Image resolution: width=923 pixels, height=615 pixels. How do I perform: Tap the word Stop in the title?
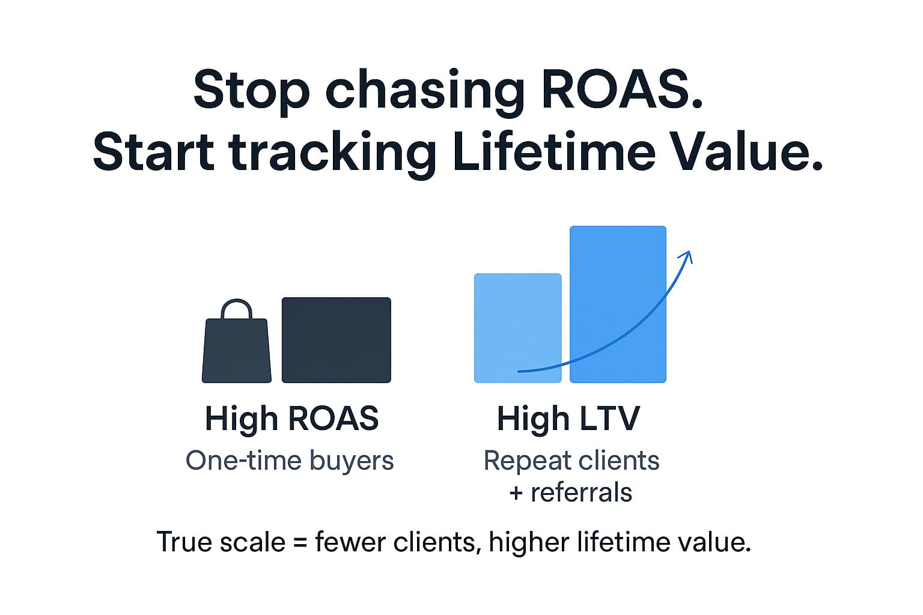coord(251,92)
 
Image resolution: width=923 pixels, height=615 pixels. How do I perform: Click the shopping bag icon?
coord(237,341)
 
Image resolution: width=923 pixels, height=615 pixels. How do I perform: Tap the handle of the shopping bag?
coord(236,308)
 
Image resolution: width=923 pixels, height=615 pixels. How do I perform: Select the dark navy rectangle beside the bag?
coord(337,341)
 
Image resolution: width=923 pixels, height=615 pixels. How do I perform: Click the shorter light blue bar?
coord(517,329)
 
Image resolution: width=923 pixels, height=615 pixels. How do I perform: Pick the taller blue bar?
coord(618,304)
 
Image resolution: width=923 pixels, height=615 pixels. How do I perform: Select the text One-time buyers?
coord(290,460)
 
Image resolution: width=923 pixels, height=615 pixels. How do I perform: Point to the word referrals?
coord(582,492)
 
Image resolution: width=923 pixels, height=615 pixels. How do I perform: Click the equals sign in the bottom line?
coord(300,542)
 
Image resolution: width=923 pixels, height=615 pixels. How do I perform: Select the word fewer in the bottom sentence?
coord(351,542)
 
